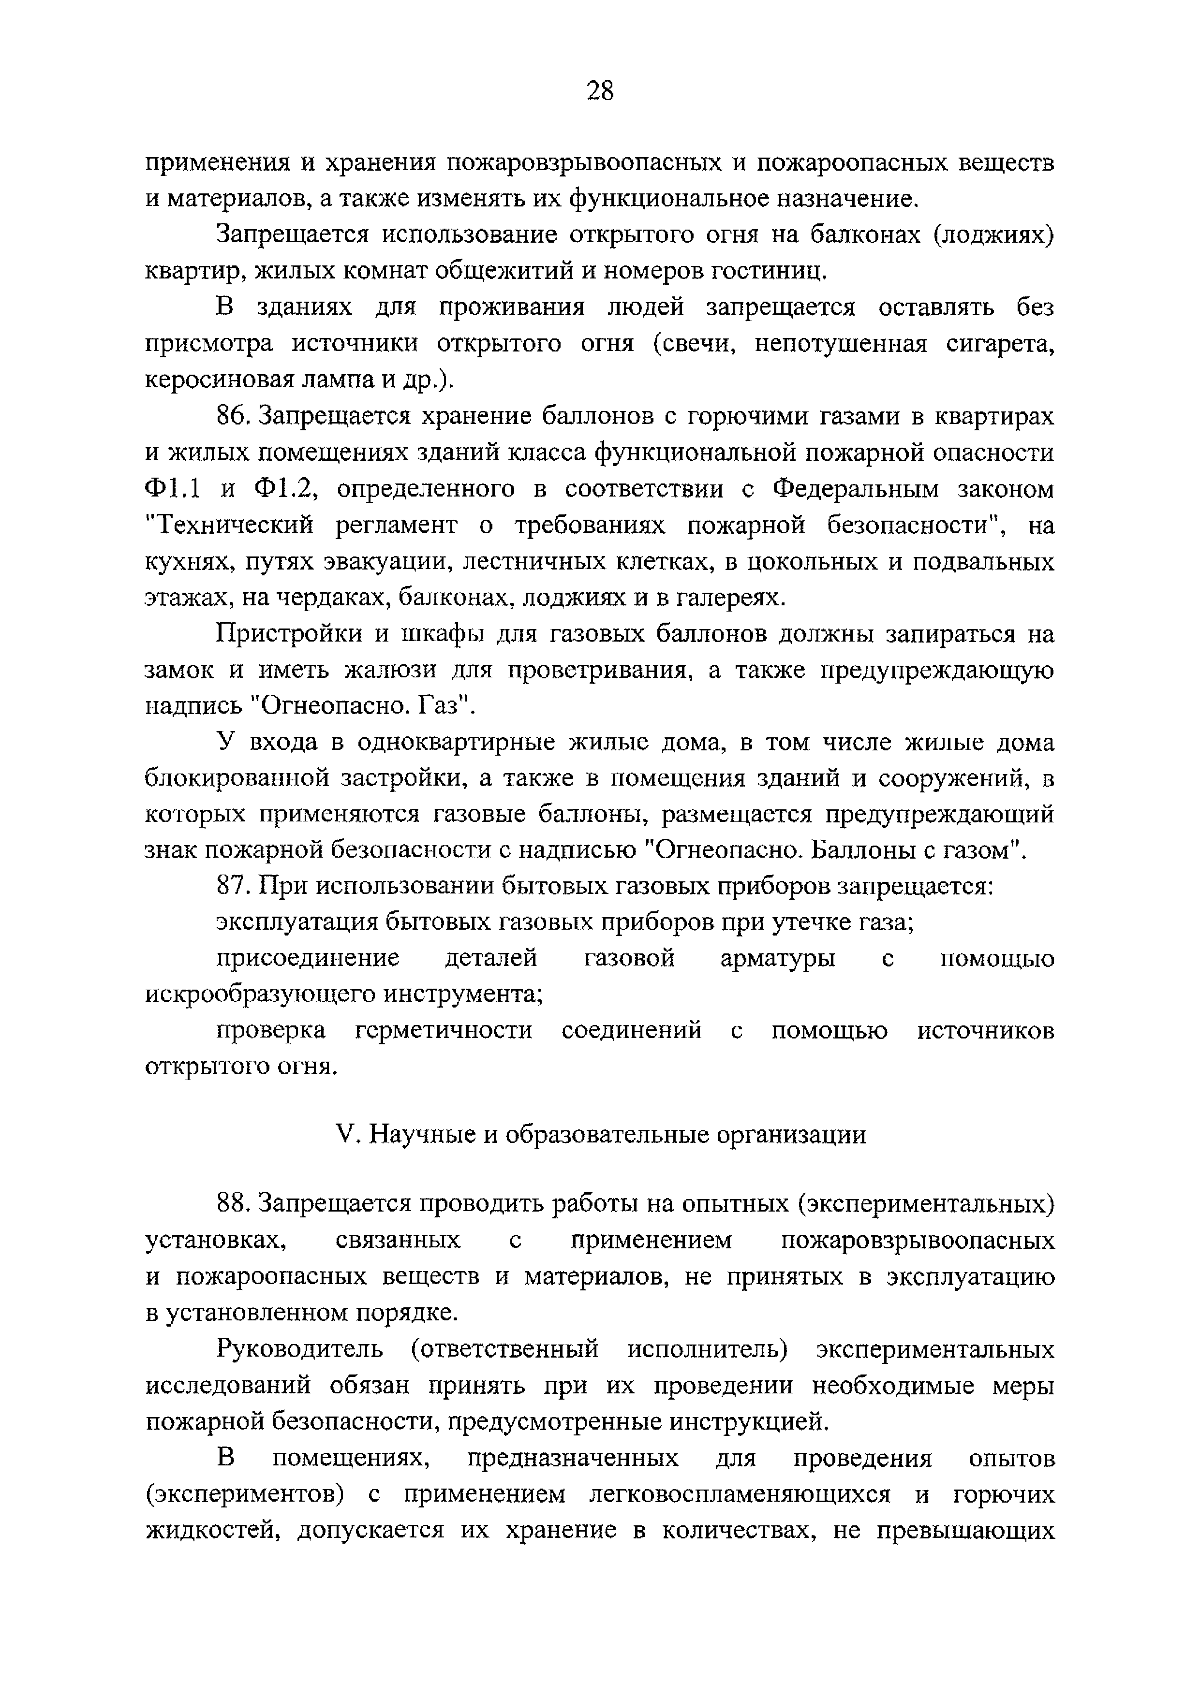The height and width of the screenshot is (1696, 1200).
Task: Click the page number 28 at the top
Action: [599, 91]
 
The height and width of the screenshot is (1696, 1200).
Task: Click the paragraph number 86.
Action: [234, 417]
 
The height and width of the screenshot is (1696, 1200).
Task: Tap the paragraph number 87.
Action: [234, 886]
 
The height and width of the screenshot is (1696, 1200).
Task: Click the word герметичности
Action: [444, 1030]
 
